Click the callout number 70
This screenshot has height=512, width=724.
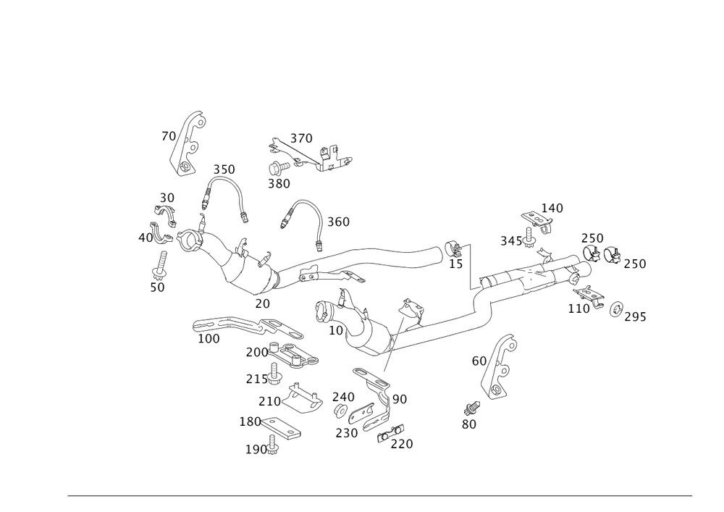tap(168, 136)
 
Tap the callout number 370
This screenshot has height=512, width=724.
tap(301, 138)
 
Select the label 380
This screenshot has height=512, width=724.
tap(279, 184)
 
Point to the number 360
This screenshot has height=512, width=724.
tap(338, 222)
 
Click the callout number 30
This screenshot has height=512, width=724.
tap(167, 198)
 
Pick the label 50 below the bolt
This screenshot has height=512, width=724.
tap(157, 288)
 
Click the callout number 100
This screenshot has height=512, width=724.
tap(209, 339)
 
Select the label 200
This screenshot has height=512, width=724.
tap(256, 352)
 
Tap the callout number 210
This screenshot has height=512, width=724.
tap(269, 400)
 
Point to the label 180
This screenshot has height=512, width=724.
tap(250, 421)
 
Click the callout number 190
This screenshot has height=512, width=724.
tap(257, 449)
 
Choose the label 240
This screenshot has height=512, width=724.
tap(342, 397)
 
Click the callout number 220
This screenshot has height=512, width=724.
tap(402, 444)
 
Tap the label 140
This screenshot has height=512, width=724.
tap(552, 209)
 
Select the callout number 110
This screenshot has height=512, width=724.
tap(578, 309)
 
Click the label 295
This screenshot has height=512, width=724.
tap(636, 317)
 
